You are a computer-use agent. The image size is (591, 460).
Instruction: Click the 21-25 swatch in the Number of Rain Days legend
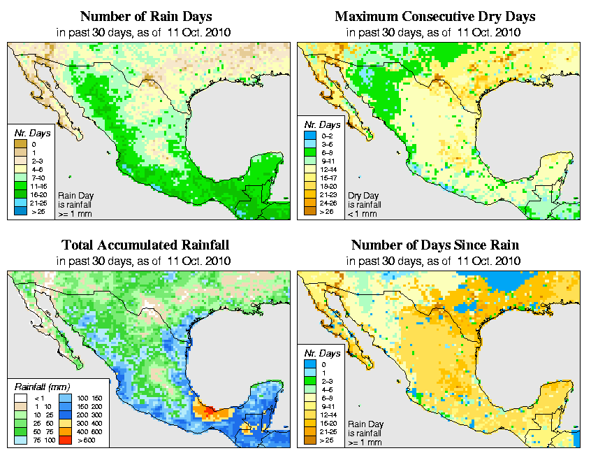coord(21,202)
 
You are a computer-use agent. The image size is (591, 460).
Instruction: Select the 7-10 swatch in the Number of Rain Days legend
coord(21,178)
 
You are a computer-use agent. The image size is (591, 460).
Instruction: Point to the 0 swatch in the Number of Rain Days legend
coord(21,144)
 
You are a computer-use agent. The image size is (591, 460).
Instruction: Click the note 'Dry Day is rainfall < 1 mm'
coord(364,204)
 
